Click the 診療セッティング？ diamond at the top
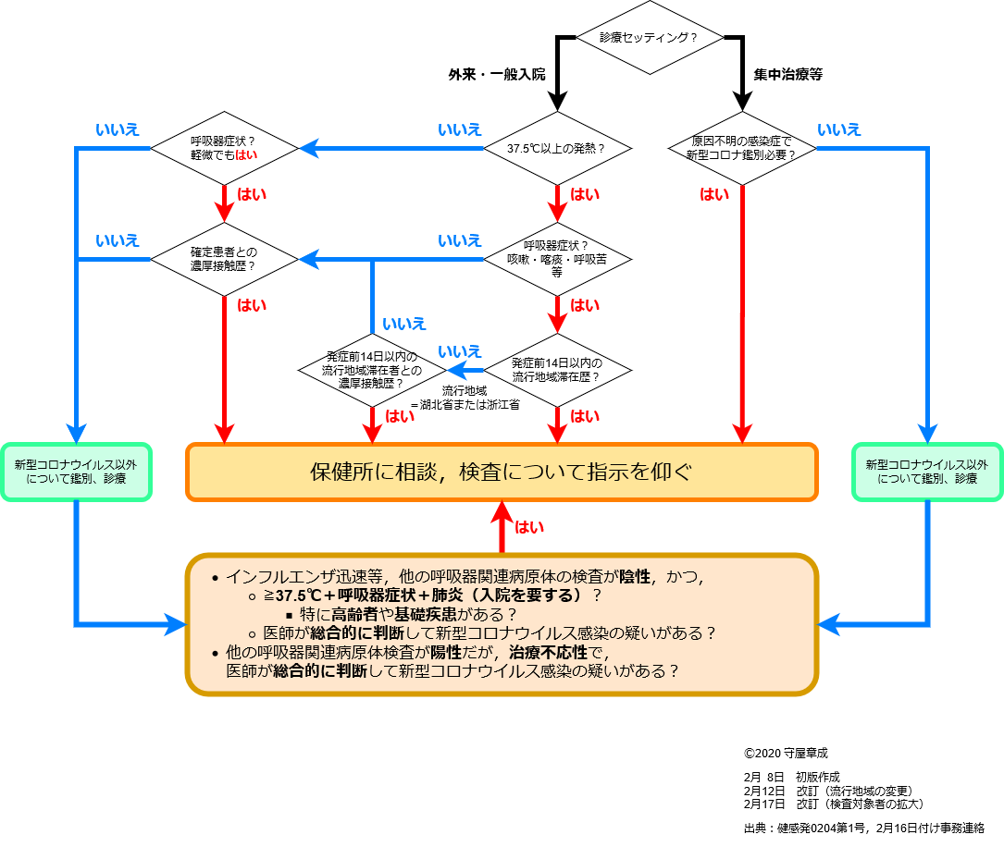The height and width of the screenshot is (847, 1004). tap(649, 38)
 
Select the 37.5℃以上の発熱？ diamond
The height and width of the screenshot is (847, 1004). tap(557, 148)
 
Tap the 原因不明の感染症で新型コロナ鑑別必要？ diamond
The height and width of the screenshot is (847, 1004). tap(742, 148)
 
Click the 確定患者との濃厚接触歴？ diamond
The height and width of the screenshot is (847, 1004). tap(224, 258)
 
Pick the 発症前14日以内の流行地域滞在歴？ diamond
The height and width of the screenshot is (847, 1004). tap(557, 370)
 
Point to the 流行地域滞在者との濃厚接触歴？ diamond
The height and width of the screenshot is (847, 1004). tap(372, 370)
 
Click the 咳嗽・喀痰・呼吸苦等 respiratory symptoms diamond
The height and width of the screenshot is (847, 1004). tap(557, 258)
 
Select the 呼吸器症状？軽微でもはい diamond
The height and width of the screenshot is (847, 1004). tap(224, 148)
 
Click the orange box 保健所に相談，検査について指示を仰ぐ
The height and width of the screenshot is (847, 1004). tap(502, 472)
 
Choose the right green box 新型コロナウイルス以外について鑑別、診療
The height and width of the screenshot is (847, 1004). tap(926, 472)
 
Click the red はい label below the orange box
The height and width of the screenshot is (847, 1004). tap(529, 527)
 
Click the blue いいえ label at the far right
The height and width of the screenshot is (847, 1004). tap(839, 129)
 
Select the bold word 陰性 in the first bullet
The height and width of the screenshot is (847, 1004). tap(635, 577)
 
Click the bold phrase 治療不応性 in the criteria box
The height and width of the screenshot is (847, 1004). tap(548, 653)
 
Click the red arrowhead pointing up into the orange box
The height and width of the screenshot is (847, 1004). tap(502, 512)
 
